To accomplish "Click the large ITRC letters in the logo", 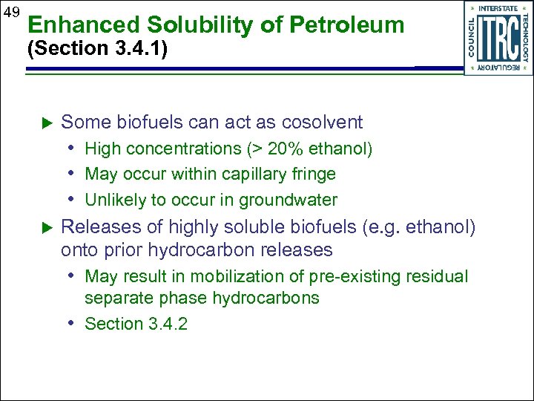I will click(498, 39).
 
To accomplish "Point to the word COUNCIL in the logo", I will click(472, 38).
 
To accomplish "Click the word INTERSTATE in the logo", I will click(499, 8).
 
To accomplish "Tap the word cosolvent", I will click(317, 123).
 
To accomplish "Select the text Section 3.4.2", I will click(136, 324).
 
